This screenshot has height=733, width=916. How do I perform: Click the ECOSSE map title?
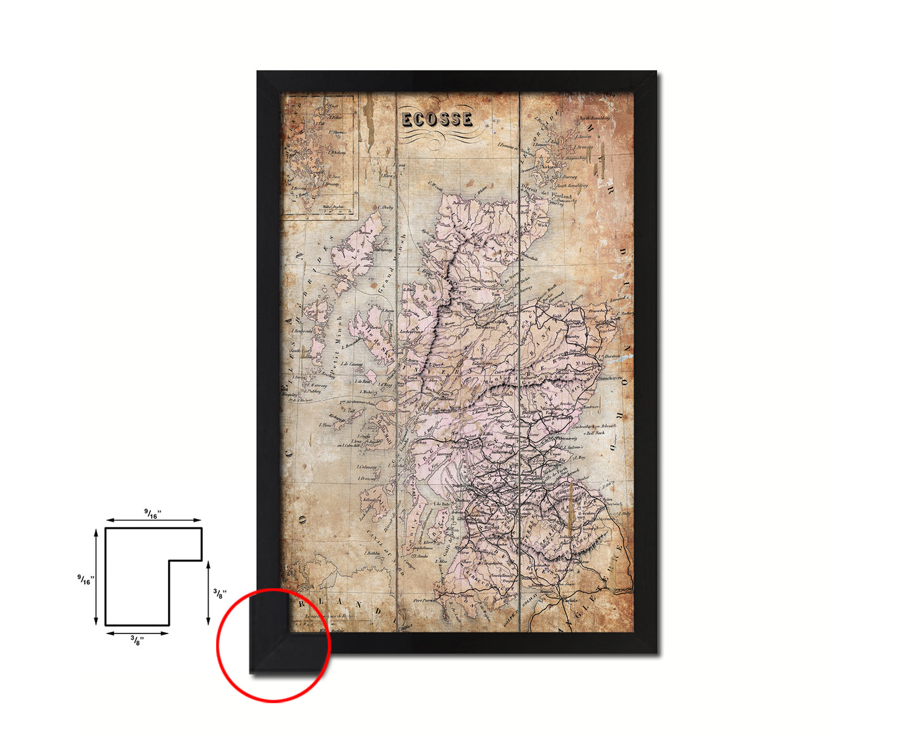click(x=437, y=119)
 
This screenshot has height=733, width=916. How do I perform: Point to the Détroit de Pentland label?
click(x=546, y=192)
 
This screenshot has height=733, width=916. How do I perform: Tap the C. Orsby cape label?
click(x=385, y=207)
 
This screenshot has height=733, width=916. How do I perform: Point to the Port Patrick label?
click(x=425, y=600)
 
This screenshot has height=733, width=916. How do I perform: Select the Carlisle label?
click(x=569, y=599)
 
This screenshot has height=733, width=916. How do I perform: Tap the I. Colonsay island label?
click(x=366, y=467)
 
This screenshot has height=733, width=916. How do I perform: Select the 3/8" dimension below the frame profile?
click(x=136, y=640)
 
